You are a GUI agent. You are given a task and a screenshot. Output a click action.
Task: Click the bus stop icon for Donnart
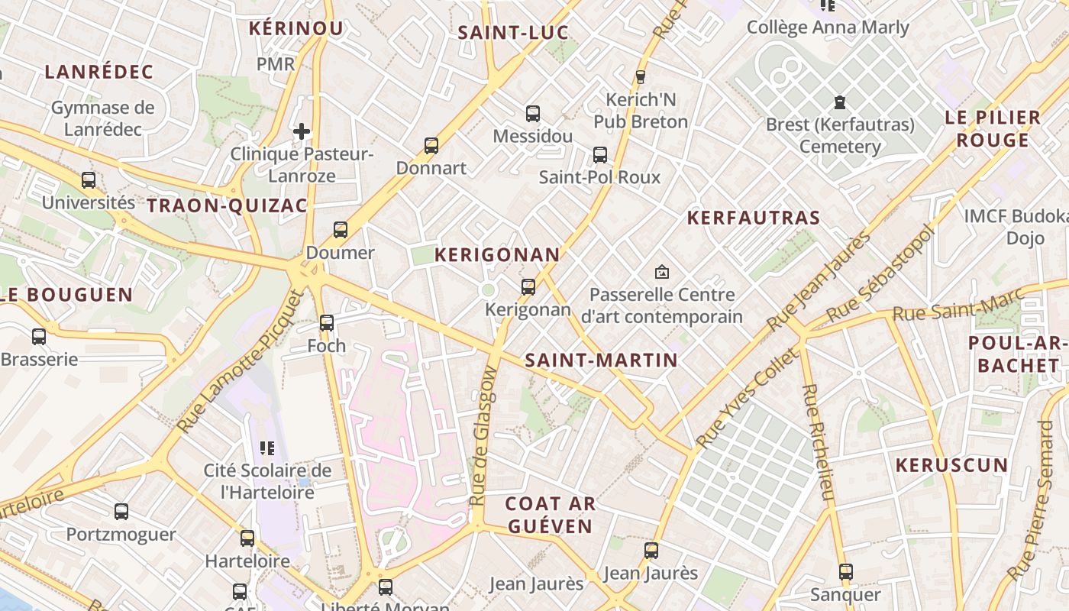431,145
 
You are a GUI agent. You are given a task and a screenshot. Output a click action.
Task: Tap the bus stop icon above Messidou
533,114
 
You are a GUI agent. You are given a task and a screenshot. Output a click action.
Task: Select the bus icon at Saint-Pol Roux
600,155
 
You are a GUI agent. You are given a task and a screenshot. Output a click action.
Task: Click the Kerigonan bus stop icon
528,287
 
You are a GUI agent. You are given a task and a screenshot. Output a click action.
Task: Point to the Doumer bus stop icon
341,229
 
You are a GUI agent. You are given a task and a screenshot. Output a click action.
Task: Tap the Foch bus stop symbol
327,322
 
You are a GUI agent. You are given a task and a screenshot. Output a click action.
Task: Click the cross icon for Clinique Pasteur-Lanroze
302,131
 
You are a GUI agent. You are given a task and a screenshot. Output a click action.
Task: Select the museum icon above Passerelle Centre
662,271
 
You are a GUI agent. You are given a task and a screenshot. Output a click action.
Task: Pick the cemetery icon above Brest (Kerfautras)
840,102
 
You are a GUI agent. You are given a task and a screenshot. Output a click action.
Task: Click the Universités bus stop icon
89,180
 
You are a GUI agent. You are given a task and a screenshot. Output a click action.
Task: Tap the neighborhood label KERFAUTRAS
753,218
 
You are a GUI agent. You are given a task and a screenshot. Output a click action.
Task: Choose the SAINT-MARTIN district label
602,360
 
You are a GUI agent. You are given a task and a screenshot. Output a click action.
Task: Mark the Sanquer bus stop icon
845,571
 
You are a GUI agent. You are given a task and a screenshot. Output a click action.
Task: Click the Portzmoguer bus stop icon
121,512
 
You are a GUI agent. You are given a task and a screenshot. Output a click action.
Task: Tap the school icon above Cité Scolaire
267,448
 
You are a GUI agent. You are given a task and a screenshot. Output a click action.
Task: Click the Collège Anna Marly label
828,27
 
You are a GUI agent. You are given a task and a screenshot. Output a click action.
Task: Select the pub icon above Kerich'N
641,76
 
